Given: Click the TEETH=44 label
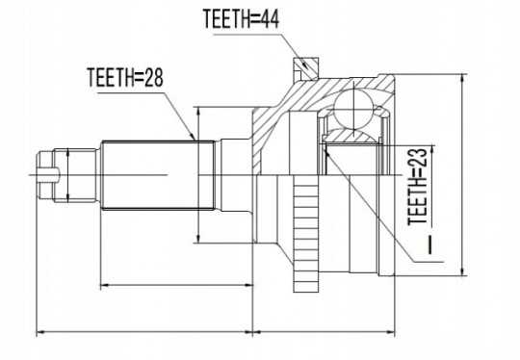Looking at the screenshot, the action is [241, 19].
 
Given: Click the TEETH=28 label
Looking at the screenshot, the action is [125, 77].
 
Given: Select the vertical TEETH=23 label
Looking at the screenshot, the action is [417, 187].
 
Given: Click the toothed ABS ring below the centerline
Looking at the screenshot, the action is [306, 234].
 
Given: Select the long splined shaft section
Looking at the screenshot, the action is [158, 175].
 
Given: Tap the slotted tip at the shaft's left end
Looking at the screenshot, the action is [45, 174].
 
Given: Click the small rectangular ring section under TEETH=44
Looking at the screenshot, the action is [306, 68].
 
